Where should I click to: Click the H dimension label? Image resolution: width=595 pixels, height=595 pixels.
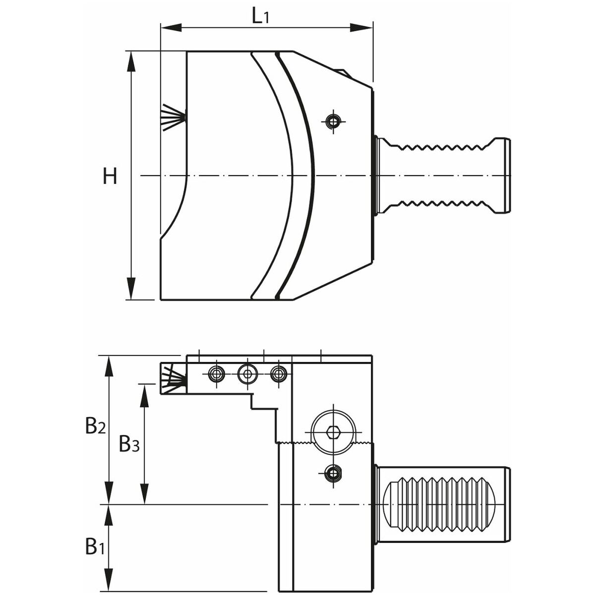click(x=110, y=176)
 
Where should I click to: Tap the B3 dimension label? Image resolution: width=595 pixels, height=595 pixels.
click(x=129, y=444)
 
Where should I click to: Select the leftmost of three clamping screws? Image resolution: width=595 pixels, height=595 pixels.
click(x=216, y=373)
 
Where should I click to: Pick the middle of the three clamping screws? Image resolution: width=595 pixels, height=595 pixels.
click(x=247, y=373)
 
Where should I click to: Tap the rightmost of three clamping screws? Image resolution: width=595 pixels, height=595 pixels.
click(x=280, y=373)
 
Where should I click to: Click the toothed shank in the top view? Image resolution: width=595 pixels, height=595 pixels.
click(x=441, y=176)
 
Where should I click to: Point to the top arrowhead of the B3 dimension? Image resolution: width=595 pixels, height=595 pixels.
click(x=145, y=391)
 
